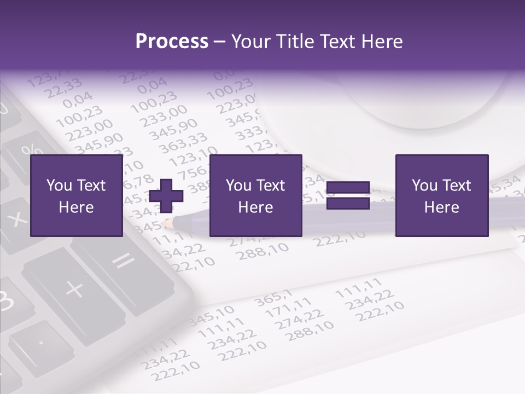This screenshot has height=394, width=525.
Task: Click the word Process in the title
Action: click(172, 42)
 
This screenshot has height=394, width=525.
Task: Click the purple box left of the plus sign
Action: click(76, 196)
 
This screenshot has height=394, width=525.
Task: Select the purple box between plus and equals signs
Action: click(255, 196)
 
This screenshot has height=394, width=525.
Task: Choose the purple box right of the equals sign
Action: click(441, 196)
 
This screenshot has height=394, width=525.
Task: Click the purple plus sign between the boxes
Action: click(166, 195)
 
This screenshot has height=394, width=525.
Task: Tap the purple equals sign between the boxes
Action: click(348, 195)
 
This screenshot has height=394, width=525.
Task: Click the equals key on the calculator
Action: click(123, 262)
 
